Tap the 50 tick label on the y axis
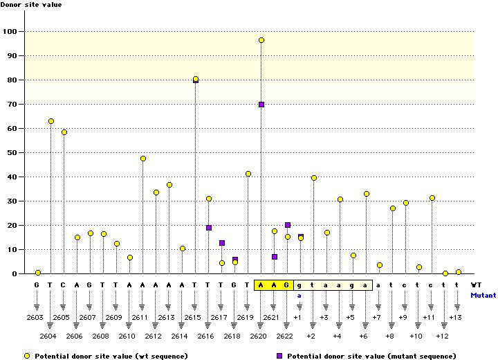11,152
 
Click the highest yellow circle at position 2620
261,40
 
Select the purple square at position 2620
261,105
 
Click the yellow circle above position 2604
51,121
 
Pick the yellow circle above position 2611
143,159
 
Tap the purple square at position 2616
209,228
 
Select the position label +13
455,316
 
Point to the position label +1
297,316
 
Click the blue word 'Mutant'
483,294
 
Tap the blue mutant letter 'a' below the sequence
300,294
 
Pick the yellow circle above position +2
314,178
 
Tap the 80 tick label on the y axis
11,80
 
